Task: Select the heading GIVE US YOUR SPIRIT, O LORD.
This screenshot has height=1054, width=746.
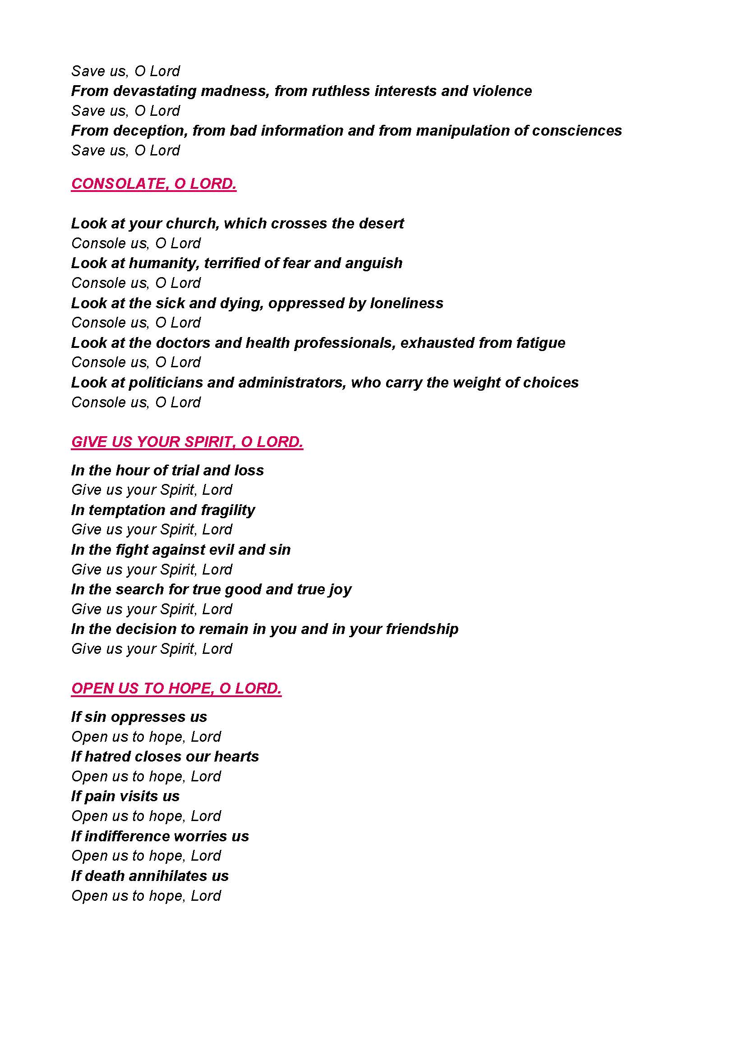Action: pyautogui.click(x=187, y=442)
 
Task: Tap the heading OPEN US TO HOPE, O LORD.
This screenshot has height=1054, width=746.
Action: pyautogui.click(x=176, y=688)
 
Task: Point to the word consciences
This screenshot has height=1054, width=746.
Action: pyautogui.click(x=576, y=131)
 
